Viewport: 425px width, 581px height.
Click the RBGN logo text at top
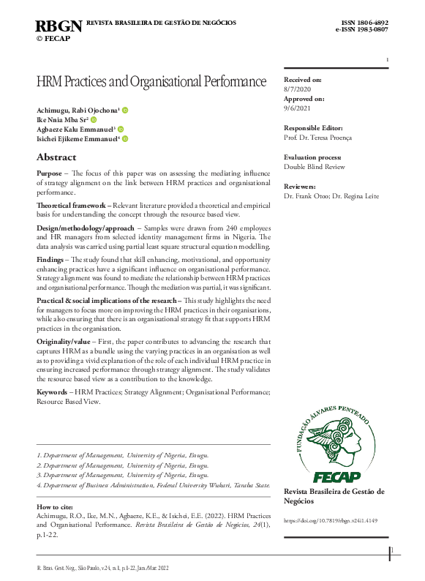click(59, 26)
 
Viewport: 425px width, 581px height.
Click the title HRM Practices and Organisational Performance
click(151, 81)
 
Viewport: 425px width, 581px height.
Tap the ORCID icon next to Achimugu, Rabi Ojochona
click(125, 110)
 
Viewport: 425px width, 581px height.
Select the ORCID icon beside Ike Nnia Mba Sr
click(94, 119)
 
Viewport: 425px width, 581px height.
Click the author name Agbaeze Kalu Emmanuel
click(75, 129)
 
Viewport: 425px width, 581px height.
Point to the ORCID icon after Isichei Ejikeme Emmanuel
click(125, 138)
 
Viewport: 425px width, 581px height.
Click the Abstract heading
click(56, 157)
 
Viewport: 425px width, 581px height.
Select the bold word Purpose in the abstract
click(49, 173)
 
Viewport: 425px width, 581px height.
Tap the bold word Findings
click(50, 260)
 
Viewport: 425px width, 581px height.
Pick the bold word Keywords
click(53, 392)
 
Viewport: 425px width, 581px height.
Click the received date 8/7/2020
click(298, 89)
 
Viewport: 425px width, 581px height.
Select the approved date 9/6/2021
click(298, 108)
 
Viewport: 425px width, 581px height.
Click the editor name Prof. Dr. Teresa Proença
click(318, 138)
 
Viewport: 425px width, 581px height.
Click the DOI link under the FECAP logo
click(331, 520)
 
